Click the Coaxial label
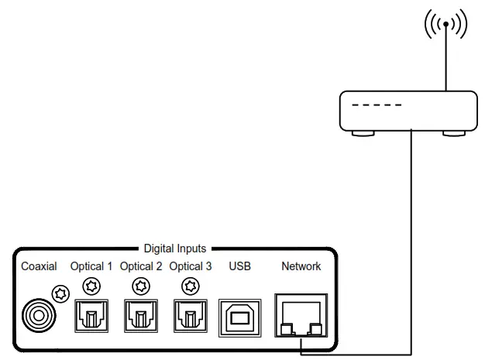pyautogui.click(x=39, y=266)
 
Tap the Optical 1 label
pyautogui.click(x=91, y=266)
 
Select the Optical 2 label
pyautogui.click(x=141, y=266)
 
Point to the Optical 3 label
pyautogui.click(x=191, y=266)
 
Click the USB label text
pyautogui.click(x=240, y=266)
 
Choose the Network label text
pyautogui.click(x=301, y=266)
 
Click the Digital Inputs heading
pyautogui.click(x=175, y=249)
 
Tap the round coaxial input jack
pyautogui.click(x=37, y=314)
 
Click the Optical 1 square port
pyautogui.click(x=91, y=314)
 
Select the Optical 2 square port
pyautogui.click(x=141, y=314)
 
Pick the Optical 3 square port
pyautogui.click(x=191, y=314)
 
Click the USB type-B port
pyautogui.click(x=240, y=314)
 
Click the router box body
pyautogui.click(x=409, y=110)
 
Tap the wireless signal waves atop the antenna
pyautogui.click(x=445, y=26)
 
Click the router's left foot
pyautogui.click(x=363, y=134)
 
